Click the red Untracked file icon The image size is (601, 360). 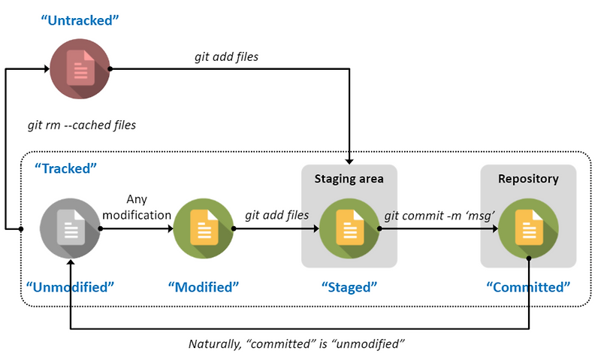coord(79,68)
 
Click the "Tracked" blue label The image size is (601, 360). coord(66,168)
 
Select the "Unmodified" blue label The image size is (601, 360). coord(70,286)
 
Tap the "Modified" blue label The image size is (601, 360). coord(204,286)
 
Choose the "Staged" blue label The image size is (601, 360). coord(349,286)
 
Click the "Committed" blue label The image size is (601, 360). coord(528,286)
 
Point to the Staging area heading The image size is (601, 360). coord(349,179)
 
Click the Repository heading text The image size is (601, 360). coord(528,179)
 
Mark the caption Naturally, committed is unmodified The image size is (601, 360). coord(297,344)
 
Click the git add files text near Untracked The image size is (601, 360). coord(226,56)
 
